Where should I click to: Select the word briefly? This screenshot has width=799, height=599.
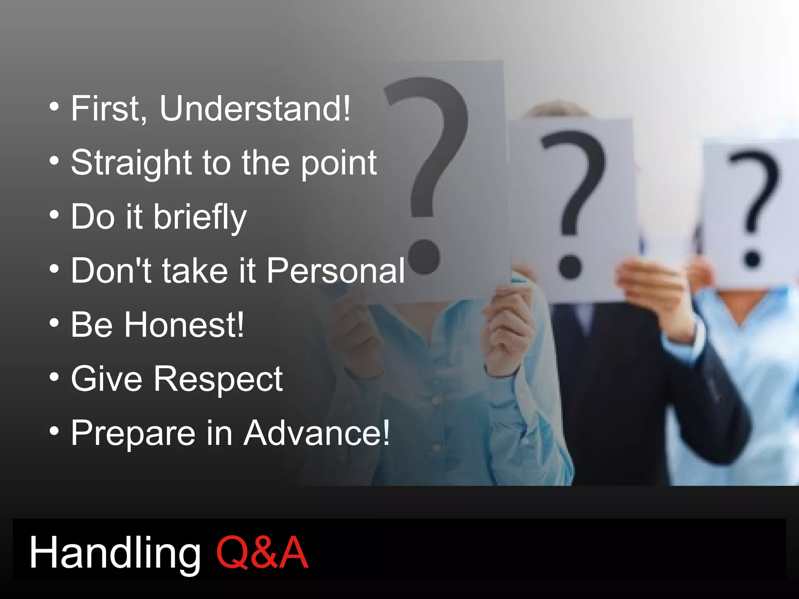(200, 218)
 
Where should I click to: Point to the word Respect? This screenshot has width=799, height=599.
(218, 379)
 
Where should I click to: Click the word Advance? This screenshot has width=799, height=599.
(316, 433)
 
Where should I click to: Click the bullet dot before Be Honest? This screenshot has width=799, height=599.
(55, 323)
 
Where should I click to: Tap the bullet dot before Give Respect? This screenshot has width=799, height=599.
(55, 377)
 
